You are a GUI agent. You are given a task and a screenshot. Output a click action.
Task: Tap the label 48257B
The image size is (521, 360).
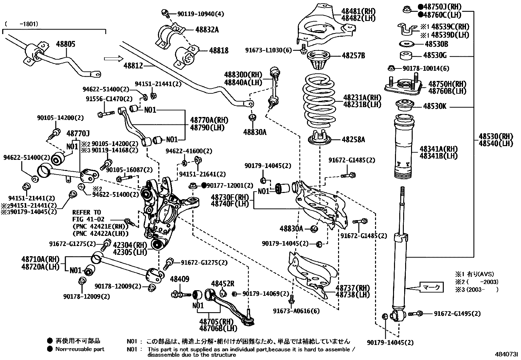click(353, 55)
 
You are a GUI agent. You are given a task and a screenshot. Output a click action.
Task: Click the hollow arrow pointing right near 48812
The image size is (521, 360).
click(113, 59)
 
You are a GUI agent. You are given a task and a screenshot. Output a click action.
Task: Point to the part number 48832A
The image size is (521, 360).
click(207, 30)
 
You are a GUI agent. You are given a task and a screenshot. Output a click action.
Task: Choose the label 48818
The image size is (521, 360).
click(219, 50)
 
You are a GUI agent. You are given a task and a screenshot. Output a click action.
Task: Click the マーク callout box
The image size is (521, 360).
click(431, 287)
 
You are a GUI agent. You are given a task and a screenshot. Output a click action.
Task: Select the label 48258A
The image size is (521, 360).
click(353, 140)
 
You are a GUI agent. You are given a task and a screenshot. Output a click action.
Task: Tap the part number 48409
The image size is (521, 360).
click(179, 279)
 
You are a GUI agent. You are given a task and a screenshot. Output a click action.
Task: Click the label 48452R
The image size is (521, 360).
click(223, 283)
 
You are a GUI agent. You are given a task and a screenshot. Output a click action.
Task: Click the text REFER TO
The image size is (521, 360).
click(87, 212)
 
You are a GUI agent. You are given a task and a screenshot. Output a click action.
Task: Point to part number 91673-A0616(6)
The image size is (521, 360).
click(296, 311)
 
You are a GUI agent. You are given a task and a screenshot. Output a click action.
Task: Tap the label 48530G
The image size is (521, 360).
click(435, 55)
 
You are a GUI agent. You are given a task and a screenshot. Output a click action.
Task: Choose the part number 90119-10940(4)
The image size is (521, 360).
click(201, 14)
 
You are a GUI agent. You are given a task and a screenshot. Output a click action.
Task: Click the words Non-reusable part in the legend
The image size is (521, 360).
click(80, 349)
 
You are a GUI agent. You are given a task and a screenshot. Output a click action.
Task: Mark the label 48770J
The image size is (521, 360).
click(78, 133)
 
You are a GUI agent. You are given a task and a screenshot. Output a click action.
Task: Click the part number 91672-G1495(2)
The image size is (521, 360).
click(457, 313)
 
